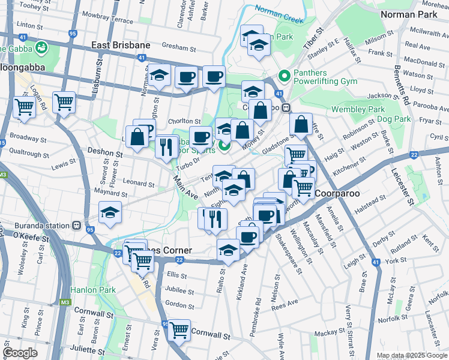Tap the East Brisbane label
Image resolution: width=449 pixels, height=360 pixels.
pyautogui.click(x=121, y=45)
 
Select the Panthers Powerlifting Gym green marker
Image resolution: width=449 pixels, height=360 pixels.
pyautogui.click(x=285, y=76)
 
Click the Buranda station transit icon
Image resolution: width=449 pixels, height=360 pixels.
pyautogui.click(x=76, y=226)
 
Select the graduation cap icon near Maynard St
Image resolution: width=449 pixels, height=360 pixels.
pyautogui.click(x=109, y=213)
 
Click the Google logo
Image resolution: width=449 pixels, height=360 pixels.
pyautogui.click(x=20, y=353)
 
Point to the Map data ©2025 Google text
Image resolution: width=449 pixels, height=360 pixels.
pyautogui.click(x=411, y=355)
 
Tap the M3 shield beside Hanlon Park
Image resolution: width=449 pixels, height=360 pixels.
pyautogui.click(x=64, y=302)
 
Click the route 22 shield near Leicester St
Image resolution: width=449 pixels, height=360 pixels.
pyautogui.click(x=414, y=155)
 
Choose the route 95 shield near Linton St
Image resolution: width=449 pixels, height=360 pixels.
pyautogui.click(x=72, y=34)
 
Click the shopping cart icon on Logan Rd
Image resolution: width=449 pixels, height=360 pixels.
pyautogui.click(x=24, y=107)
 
